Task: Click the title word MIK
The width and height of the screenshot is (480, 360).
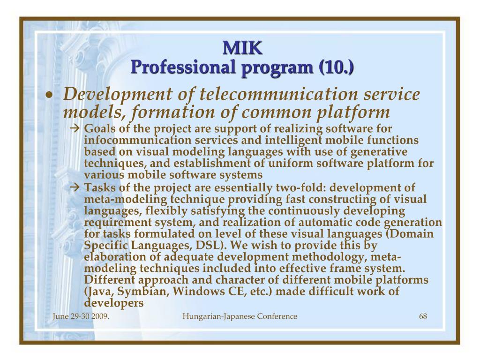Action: [x=242, y=48]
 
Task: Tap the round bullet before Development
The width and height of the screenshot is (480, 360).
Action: [x=49, y=96]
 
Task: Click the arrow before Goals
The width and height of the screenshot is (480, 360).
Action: [x=75, y=128]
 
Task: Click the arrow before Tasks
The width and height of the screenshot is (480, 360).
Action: [x=75, y=187]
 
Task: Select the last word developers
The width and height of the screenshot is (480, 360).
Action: [x=114, y=303]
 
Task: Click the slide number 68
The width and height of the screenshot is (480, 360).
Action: [x=423, y=316]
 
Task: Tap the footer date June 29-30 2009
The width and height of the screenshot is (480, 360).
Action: [x=81, y=316]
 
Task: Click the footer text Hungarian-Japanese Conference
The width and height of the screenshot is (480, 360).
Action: [x=240, y=316]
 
